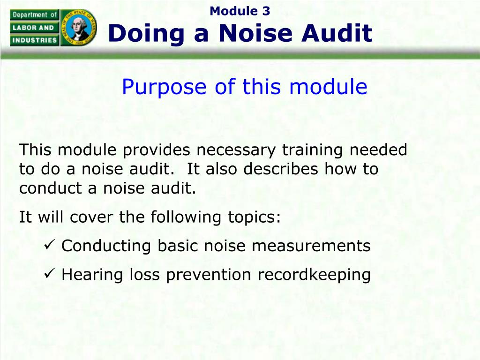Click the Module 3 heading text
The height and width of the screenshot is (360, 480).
click(x=240, y=11)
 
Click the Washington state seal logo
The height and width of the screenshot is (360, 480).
click(x=79, y=28)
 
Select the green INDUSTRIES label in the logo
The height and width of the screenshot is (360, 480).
click(x=35, y=40)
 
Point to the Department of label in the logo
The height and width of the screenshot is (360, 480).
click(x=35, y=15)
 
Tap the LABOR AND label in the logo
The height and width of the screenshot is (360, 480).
click(x=33, y=28)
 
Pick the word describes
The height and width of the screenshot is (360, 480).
click(x=281, y=169)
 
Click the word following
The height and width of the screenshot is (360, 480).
click(x=186, y=217)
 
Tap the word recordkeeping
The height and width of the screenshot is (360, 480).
click(x=314, y=275)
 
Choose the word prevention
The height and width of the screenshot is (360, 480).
click(x=209, y=275)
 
